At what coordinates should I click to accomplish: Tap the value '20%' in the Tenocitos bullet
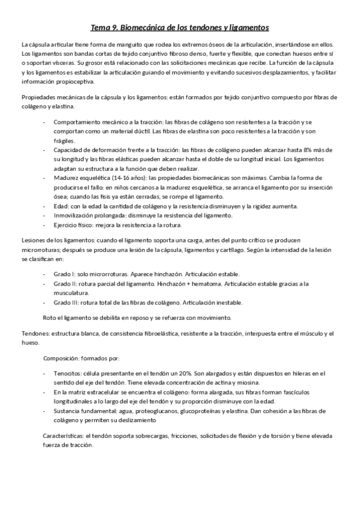[x=172, y=373]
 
